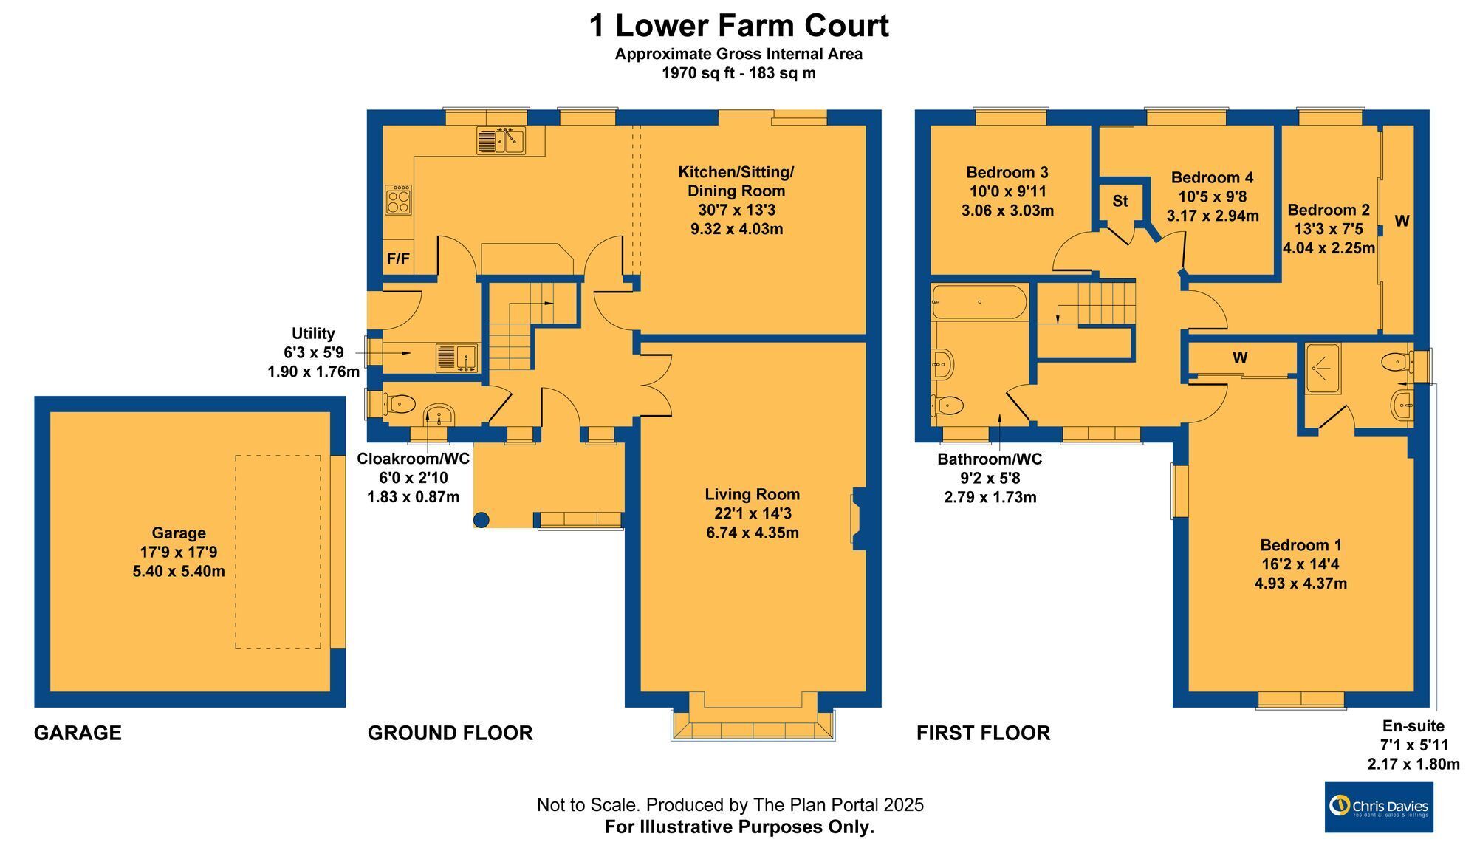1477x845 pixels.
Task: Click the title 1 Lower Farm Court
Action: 738,26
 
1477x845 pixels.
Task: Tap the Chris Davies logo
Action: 1379,807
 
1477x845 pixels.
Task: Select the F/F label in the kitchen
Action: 398,259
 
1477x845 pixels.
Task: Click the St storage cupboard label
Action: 1120,201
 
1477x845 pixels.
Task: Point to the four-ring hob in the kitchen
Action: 398,199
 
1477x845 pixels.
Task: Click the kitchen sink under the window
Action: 500,140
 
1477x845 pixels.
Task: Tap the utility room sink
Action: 456,357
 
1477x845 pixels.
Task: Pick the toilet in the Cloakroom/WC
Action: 399,403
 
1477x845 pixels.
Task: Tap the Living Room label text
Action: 753,494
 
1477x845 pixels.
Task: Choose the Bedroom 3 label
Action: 1007,172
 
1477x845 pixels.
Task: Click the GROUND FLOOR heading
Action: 450,733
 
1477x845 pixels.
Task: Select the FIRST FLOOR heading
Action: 984,733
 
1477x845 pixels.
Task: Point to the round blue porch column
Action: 481,520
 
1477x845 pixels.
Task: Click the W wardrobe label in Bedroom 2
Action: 1402,220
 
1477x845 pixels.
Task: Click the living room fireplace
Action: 859,518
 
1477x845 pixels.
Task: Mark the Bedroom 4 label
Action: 1212,177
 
